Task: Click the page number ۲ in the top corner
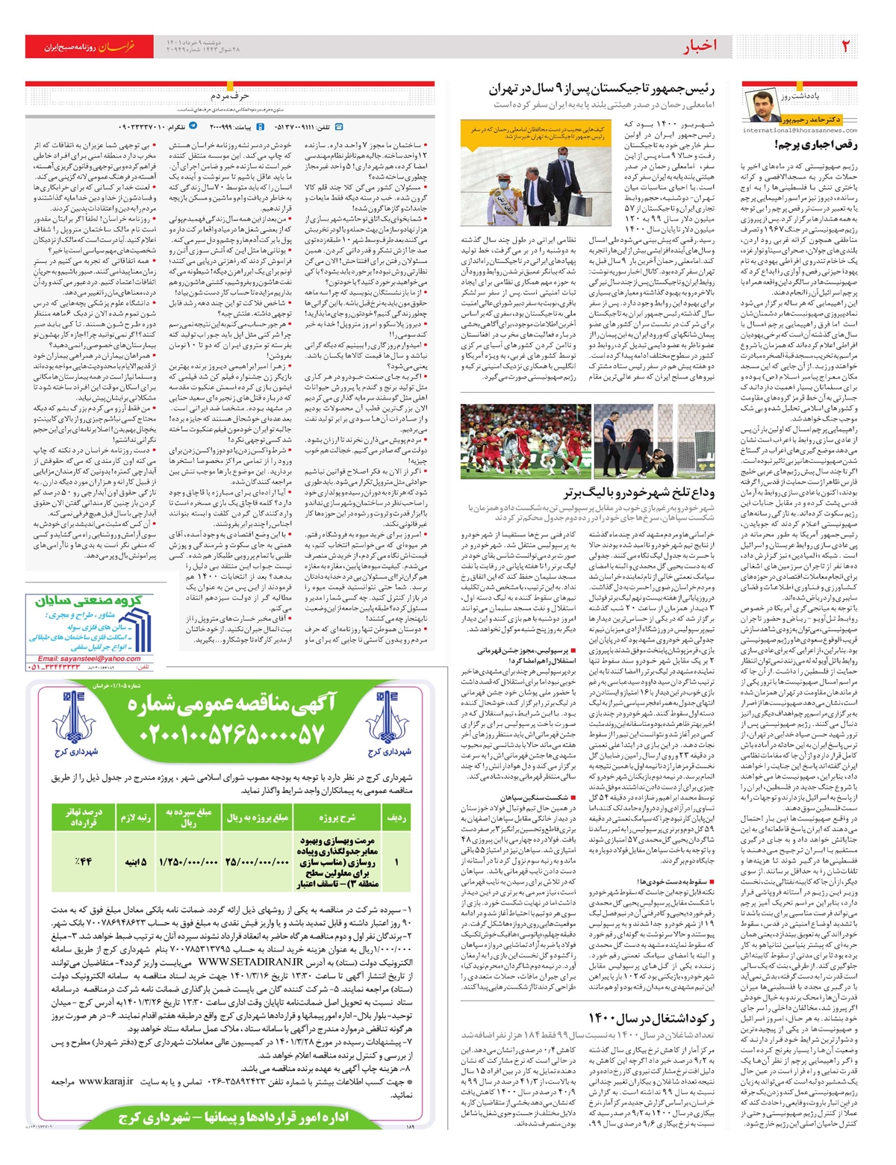[x=845, y=46]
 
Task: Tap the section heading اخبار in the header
[x=699, y=46]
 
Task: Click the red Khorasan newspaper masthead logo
[x=82, y=46]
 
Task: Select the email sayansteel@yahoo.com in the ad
[x=90, y=659]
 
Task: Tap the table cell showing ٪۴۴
[x=81, y=861]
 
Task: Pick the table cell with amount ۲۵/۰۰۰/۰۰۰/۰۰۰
[x=257, y=861]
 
